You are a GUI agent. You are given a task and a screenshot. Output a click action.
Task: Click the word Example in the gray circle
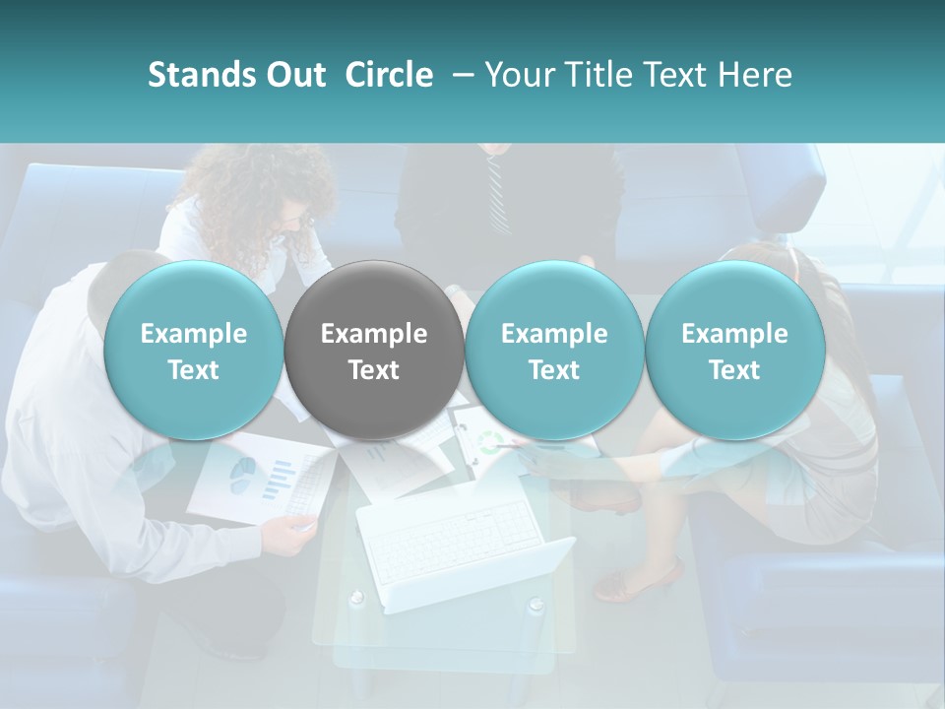pos(374,334)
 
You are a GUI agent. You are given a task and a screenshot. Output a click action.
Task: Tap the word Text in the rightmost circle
pos(734,370)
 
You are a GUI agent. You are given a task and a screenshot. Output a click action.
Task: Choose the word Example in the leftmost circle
pos(194,334)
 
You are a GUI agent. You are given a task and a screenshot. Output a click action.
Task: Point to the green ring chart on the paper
pos(489,440)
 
